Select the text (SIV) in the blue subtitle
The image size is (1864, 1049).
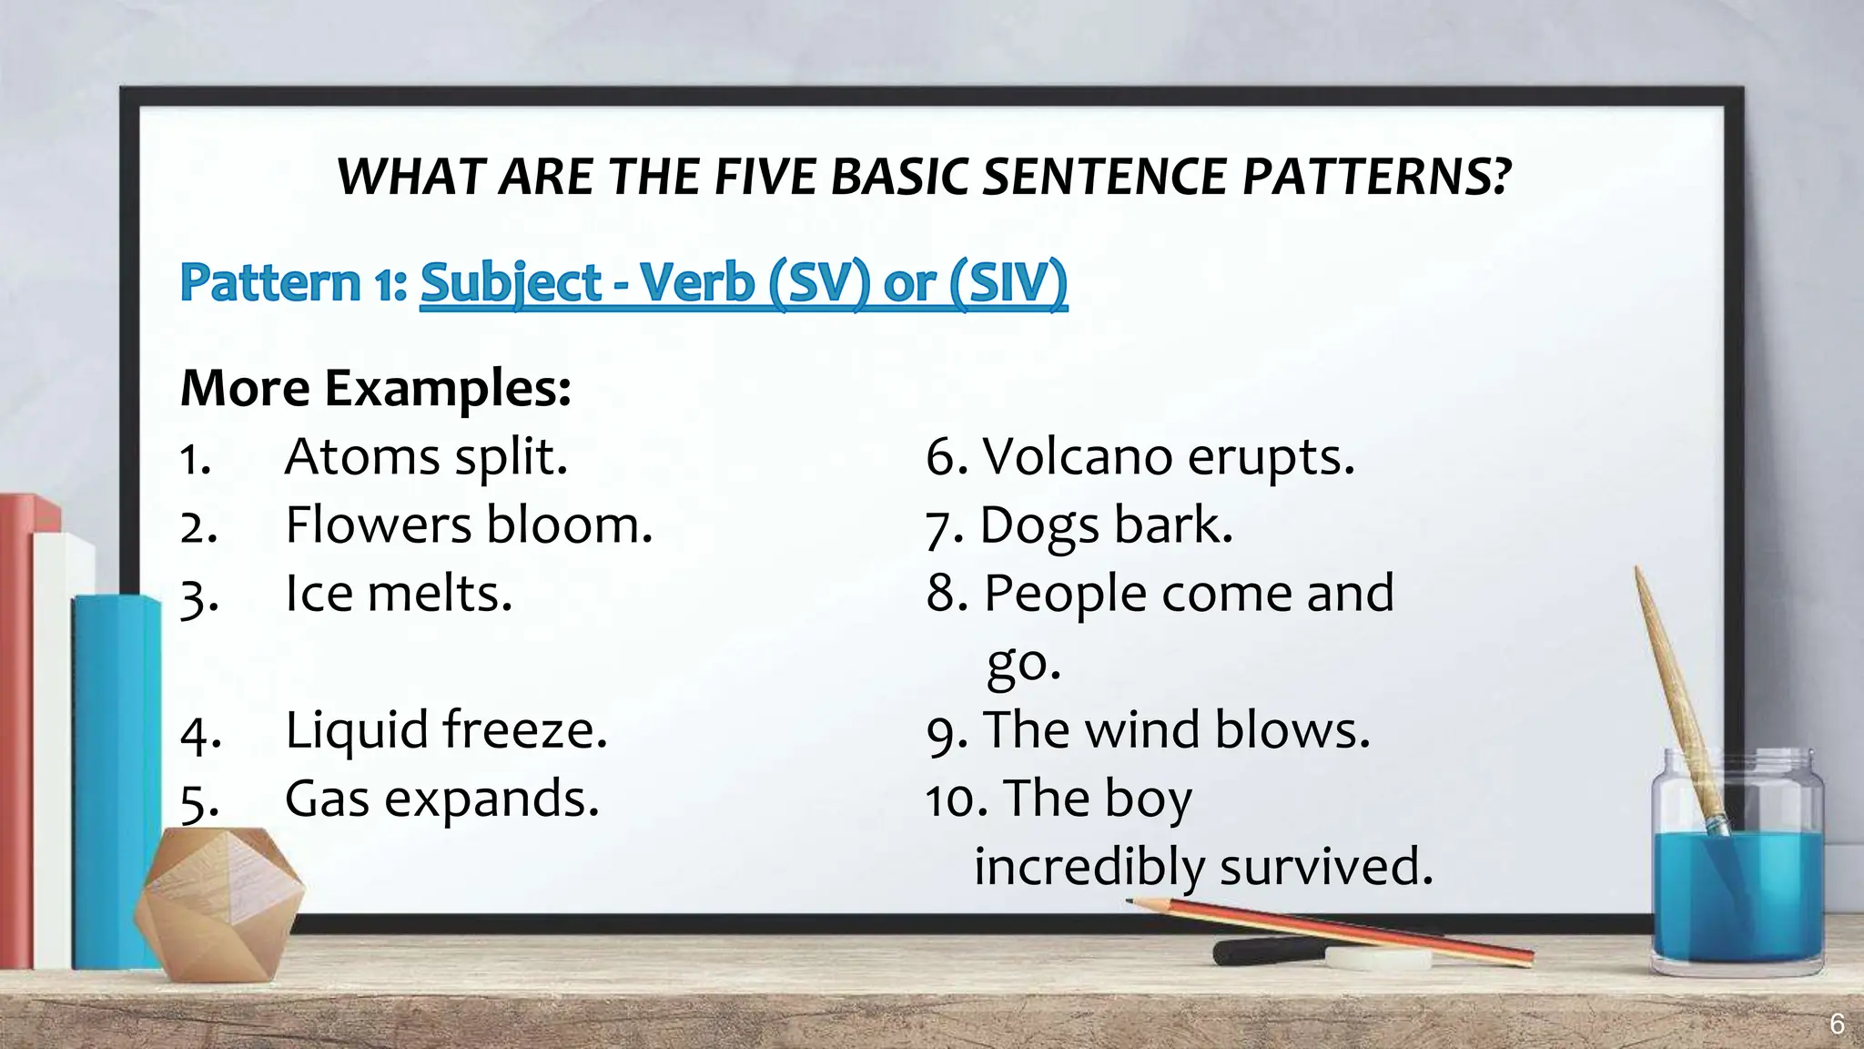coord(1008,282)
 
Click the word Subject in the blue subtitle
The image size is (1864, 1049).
coord(511,282)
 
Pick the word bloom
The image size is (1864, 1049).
coord(569,525)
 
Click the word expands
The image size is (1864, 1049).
coord(491,799)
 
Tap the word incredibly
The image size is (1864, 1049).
coord(1089,867)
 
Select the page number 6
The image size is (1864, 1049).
coord(1837,1024)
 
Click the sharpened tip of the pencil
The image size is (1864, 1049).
coord(1130,901)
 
